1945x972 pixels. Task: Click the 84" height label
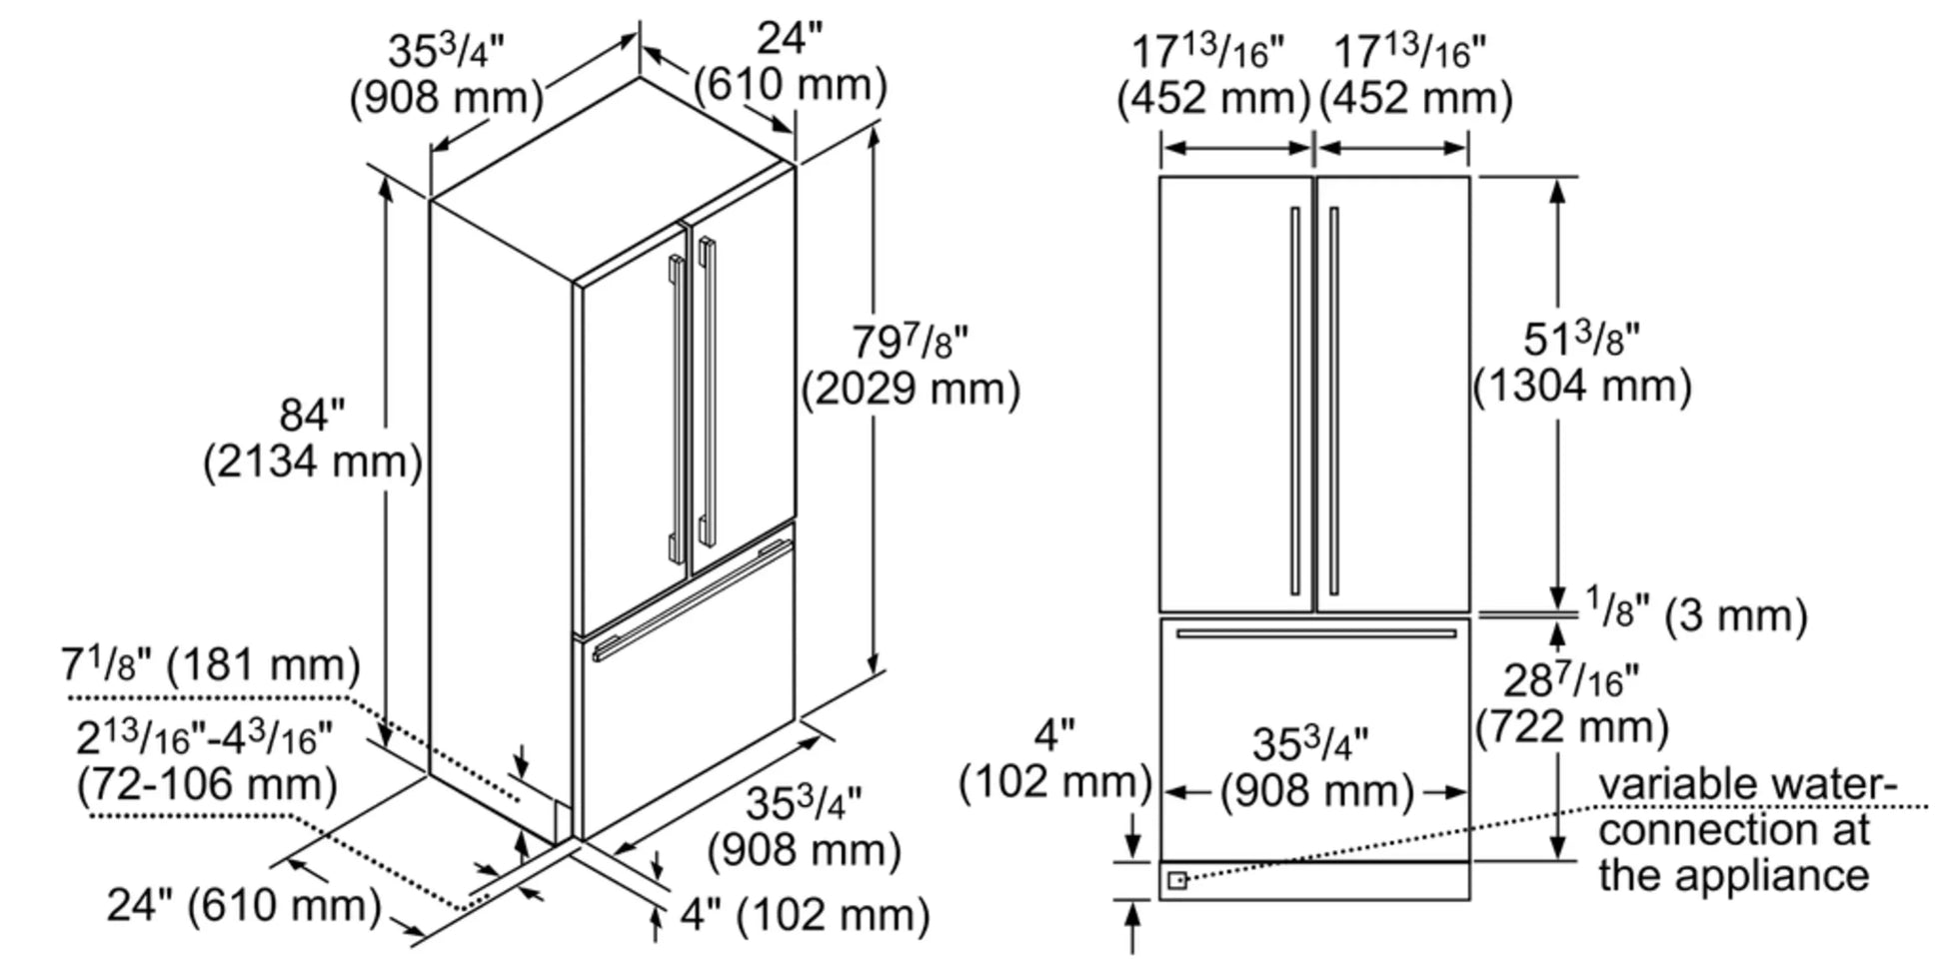(312, 415)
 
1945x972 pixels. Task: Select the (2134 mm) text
(312, 463)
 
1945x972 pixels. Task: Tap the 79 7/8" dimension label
(910, 343)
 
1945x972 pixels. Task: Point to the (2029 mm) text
(911, 389)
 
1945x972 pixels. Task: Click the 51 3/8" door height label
(1581, 340)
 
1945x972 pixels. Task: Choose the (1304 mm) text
(1582, 387)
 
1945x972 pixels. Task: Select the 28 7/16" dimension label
(1571, 681)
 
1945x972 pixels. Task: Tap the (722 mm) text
(1572, 726)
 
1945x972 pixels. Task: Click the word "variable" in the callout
(1672, 784)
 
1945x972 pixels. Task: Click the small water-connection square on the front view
(1177, 880)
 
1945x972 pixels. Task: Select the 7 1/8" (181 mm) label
(210, 664)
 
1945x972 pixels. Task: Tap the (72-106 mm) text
(207, 784)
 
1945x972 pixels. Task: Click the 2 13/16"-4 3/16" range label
(204, 739)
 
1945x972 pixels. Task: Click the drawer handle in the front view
(1315, 633)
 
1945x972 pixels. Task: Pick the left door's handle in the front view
(1294, 400)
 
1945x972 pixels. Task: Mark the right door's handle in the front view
(1334, 400)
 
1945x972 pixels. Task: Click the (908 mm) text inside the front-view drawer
(1316, 791)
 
